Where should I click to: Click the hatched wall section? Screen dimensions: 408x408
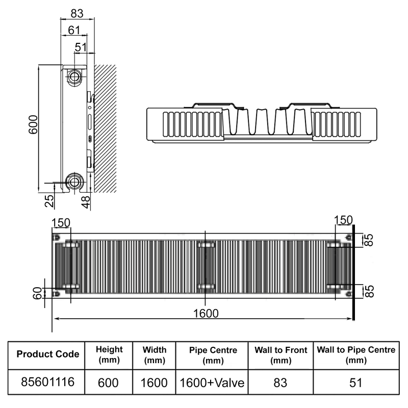pos(105,127)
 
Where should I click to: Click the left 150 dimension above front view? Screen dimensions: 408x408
pos(61,222)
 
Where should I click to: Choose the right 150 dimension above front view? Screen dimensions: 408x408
pos(343,220)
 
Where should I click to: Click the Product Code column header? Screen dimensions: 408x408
pos(47,354)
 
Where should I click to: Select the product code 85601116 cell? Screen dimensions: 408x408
pos(47,381)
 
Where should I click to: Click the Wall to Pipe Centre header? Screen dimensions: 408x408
pos(356,354)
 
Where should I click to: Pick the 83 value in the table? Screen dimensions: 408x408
pos(280,382)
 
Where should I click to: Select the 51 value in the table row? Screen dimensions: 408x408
pos(356,382)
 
